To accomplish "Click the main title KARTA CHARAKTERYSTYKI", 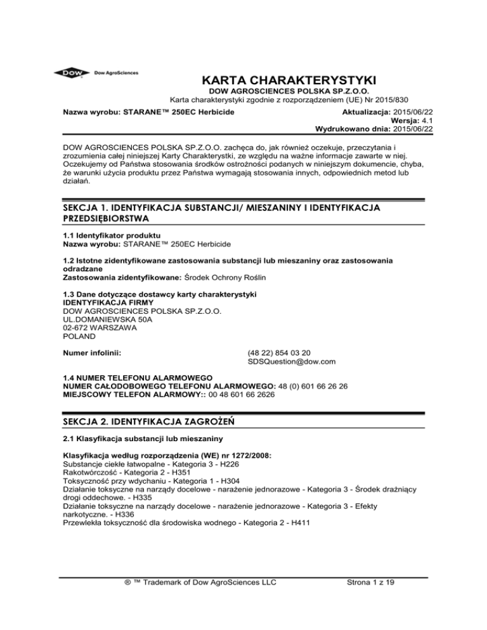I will (289, 80).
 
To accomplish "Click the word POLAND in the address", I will (80, 337).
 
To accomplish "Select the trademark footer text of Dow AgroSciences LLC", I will (202, 583).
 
